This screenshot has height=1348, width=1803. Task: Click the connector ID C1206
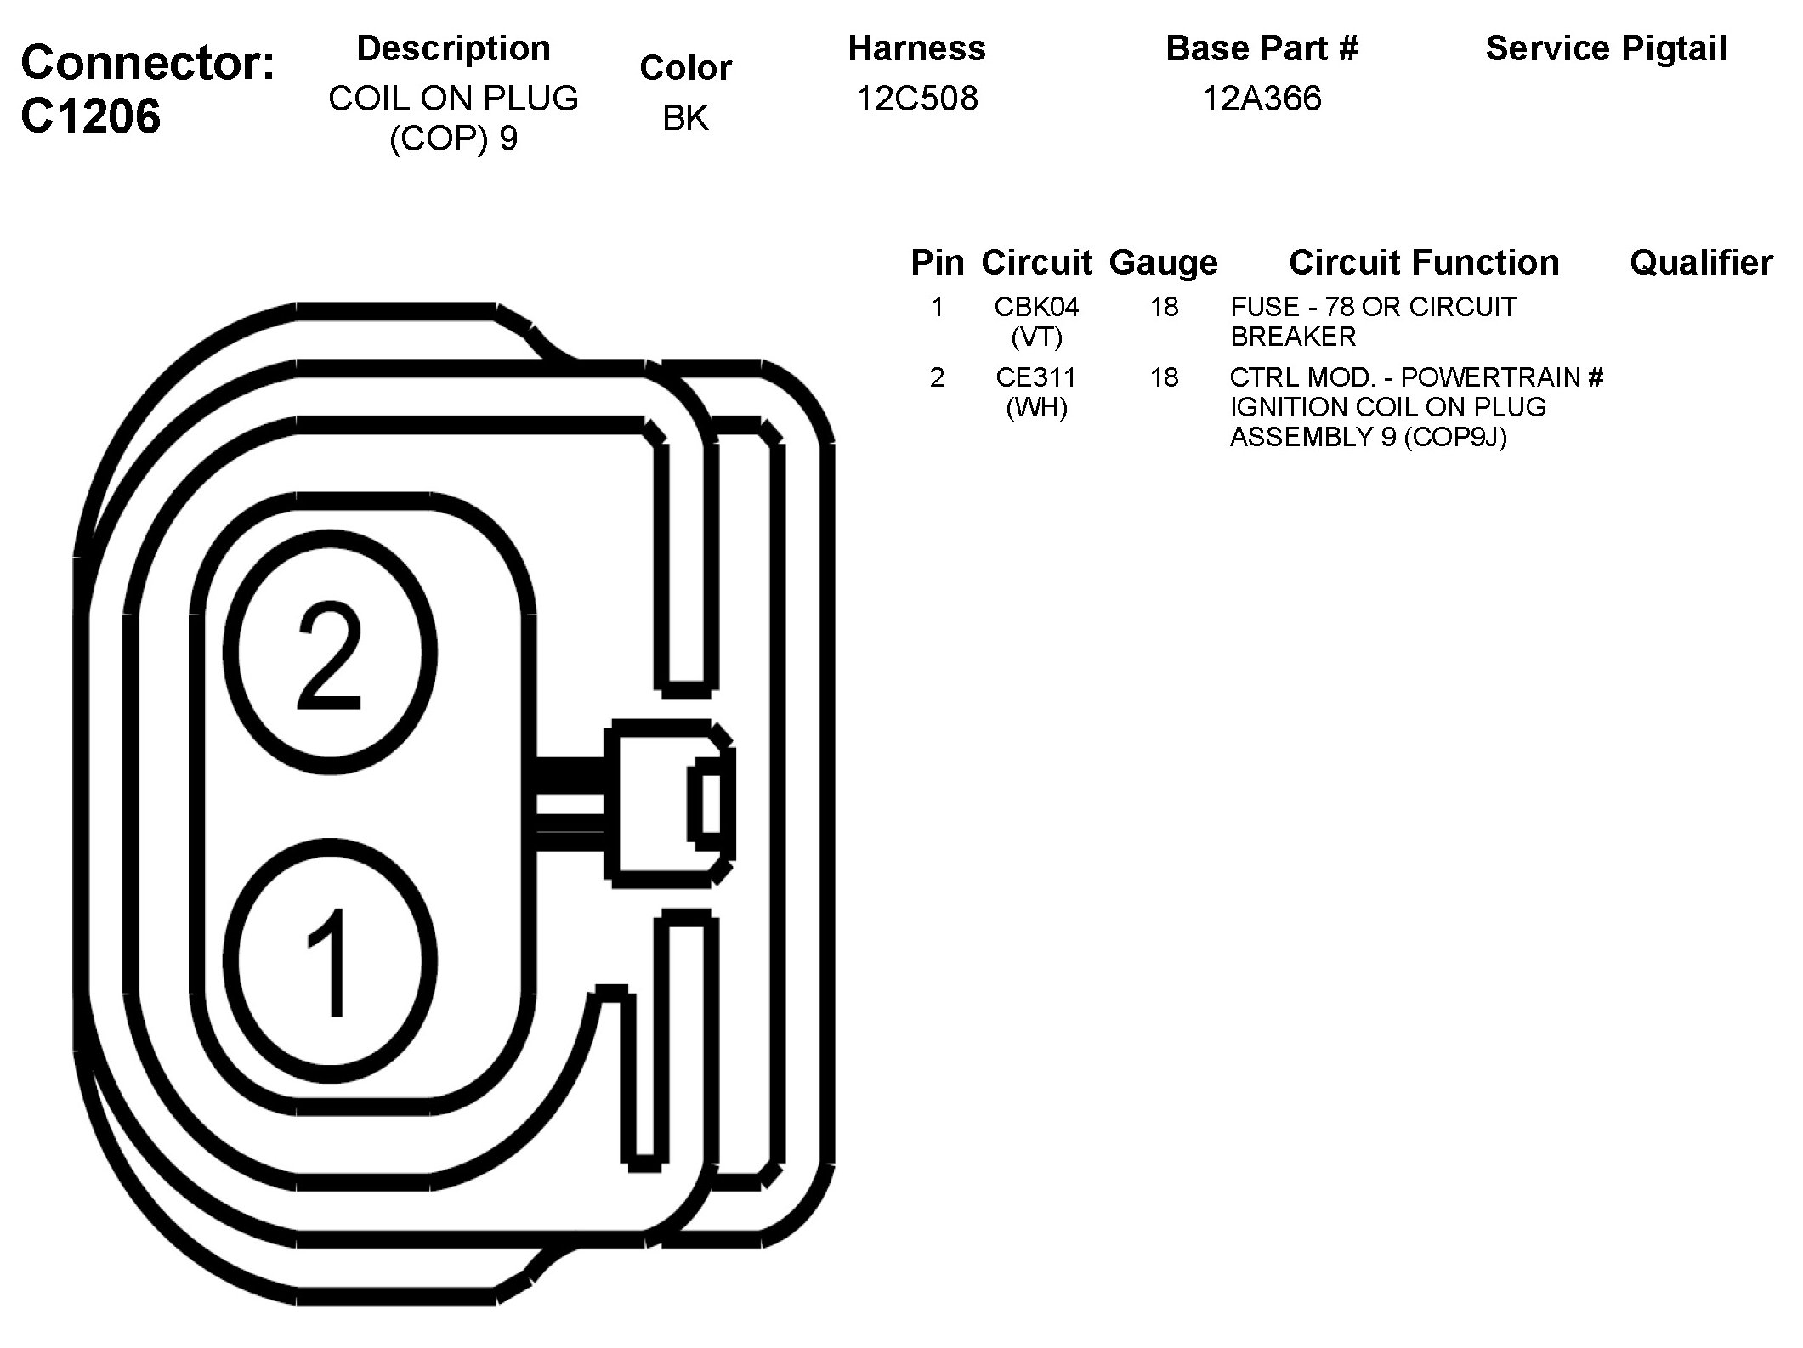(90, 116)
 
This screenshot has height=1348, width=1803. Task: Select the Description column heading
(453, 48)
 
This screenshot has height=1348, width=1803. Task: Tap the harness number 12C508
(916, 99)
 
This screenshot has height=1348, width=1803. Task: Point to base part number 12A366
(1262, 99)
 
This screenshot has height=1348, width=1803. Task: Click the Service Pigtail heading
(1606, 48)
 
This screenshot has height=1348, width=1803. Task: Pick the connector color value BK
(685, 118)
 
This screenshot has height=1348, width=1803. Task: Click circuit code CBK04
(1036, 306)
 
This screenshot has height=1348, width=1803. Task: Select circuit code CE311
(1036, 377)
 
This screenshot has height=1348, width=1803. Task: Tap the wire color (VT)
(1036, 337)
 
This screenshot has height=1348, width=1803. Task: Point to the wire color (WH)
(1036, 408)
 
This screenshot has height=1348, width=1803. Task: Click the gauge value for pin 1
(1164, 306)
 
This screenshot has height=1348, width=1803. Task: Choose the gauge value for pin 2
(1164, 377)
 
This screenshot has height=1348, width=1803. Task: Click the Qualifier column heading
(1701, 263)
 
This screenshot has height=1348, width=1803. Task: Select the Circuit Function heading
(1424, 263)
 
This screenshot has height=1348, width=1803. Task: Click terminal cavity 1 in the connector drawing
(330, 960)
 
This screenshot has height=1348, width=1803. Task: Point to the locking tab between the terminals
(667, 803)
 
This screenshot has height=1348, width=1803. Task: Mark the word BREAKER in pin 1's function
(1293, 337)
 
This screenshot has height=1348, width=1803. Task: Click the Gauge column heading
(1163, 263)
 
